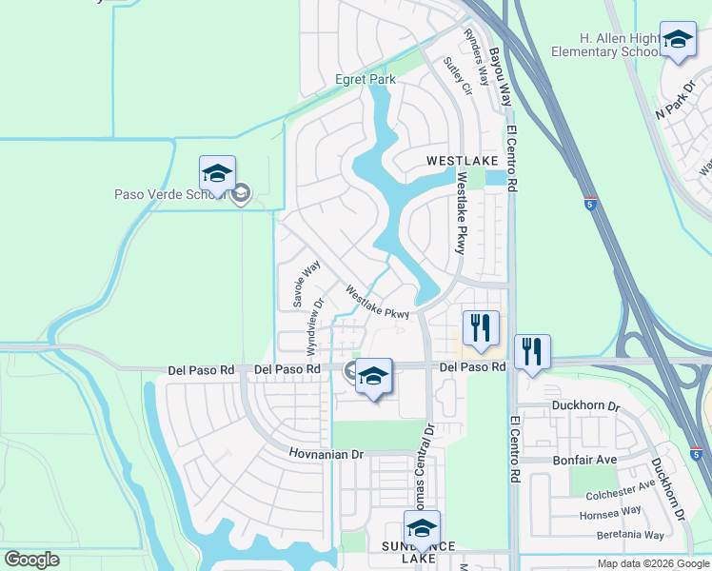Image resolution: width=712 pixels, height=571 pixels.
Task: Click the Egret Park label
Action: tap(365, 80)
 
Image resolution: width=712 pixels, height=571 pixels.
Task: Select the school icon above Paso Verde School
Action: tap(217, 174)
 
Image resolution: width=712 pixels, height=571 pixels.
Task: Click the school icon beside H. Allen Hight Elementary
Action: tap(677, 40)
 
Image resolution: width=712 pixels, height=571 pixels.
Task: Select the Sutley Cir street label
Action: tap(458, 76)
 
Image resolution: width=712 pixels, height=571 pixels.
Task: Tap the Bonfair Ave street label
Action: tap(585, 460)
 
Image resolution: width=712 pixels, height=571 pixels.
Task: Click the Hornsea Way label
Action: tap(609, 513)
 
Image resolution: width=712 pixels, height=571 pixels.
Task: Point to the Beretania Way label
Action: tap(630, 535)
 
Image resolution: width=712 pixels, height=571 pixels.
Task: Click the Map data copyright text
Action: tap(653, 563)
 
